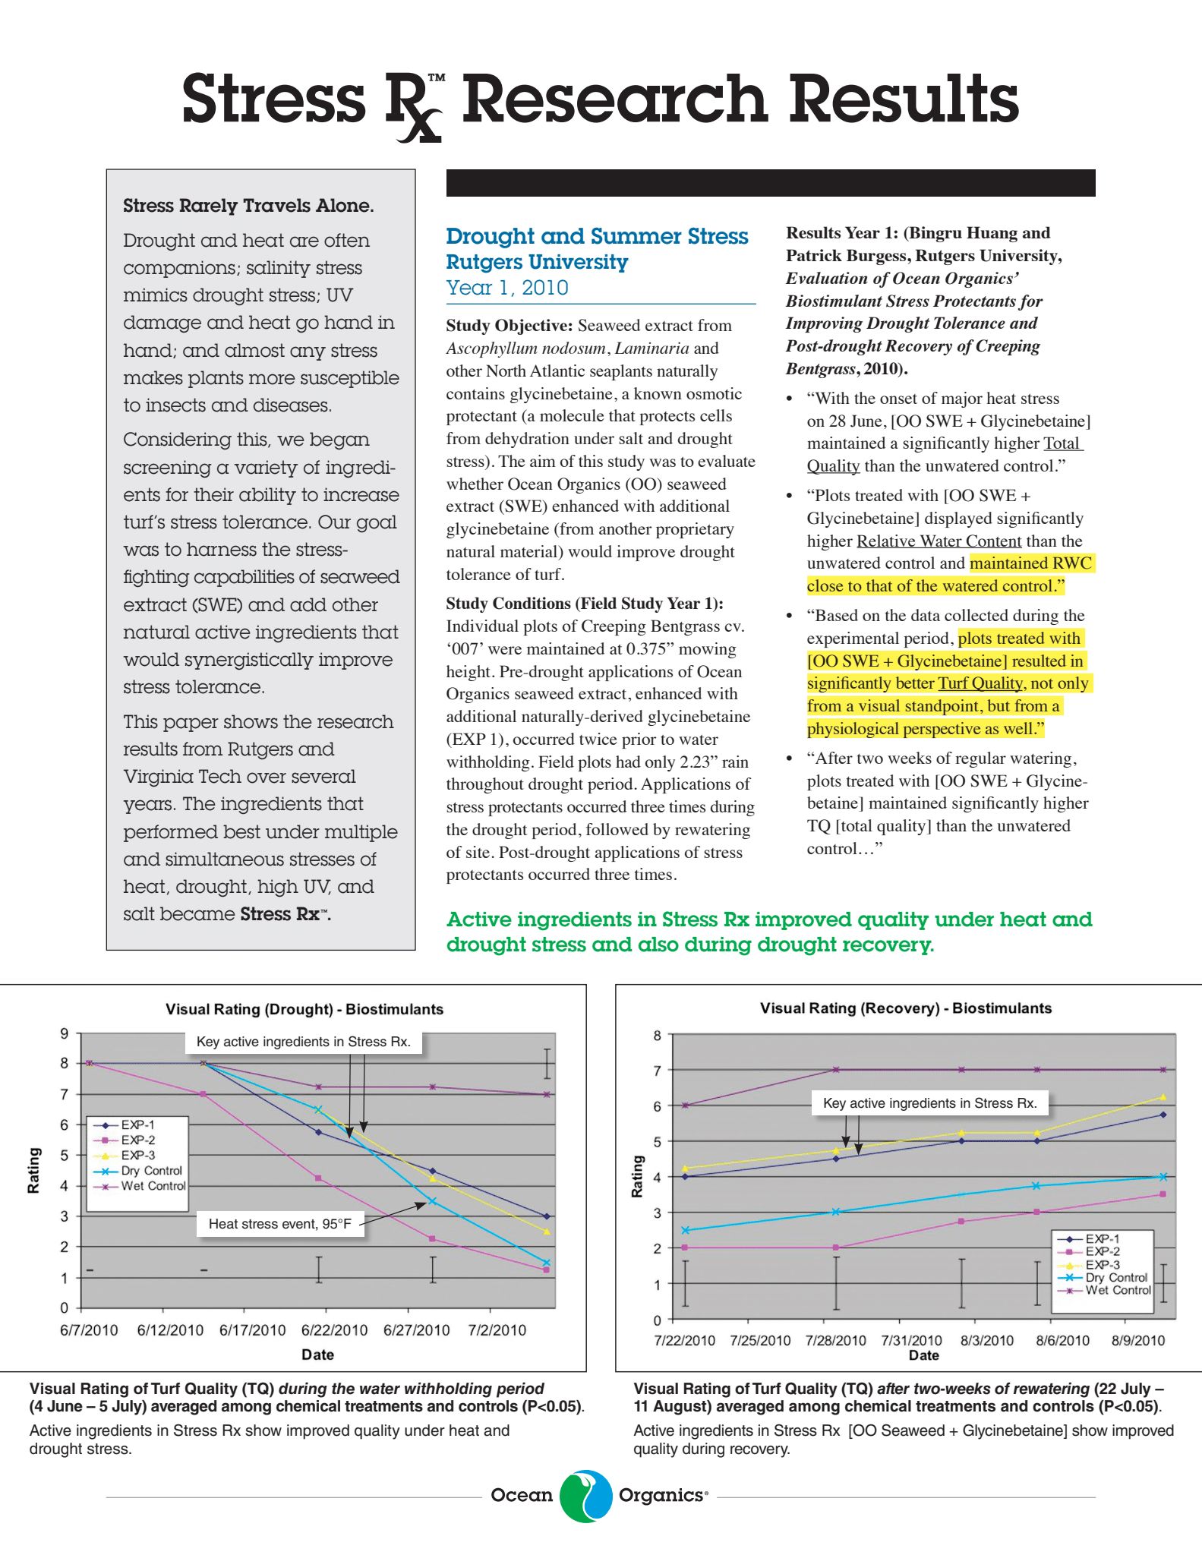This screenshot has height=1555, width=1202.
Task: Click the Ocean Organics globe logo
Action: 585,1496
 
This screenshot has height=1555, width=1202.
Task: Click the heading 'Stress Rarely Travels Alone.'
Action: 248,206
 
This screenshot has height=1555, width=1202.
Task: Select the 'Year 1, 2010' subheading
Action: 506,288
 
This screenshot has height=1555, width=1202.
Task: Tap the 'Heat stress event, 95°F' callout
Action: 280,1224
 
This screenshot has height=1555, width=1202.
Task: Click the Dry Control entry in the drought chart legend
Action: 151,1171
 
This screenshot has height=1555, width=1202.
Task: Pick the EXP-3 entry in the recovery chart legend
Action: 1102,1265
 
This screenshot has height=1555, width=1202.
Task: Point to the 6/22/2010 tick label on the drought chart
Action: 334,1330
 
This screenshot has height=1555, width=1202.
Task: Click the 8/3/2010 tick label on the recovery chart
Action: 986,1340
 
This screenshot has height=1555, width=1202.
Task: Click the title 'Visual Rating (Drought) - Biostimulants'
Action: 304,1009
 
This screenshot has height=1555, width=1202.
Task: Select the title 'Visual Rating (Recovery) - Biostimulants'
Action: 906,1008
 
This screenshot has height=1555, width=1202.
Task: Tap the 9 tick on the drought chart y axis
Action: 65,1033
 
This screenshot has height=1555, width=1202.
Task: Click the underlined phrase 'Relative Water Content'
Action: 939,541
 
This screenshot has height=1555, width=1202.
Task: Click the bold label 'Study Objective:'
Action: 509,326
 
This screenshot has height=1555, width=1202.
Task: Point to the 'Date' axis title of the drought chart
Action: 317,1355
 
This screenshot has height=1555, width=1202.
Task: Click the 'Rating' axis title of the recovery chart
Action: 637,1176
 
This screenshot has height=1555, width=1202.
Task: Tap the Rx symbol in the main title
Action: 414,106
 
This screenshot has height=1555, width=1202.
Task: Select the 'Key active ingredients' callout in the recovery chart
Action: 929,1103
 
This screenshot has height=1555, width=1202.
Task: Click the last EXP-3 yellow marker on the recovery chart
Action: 1163,1097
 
